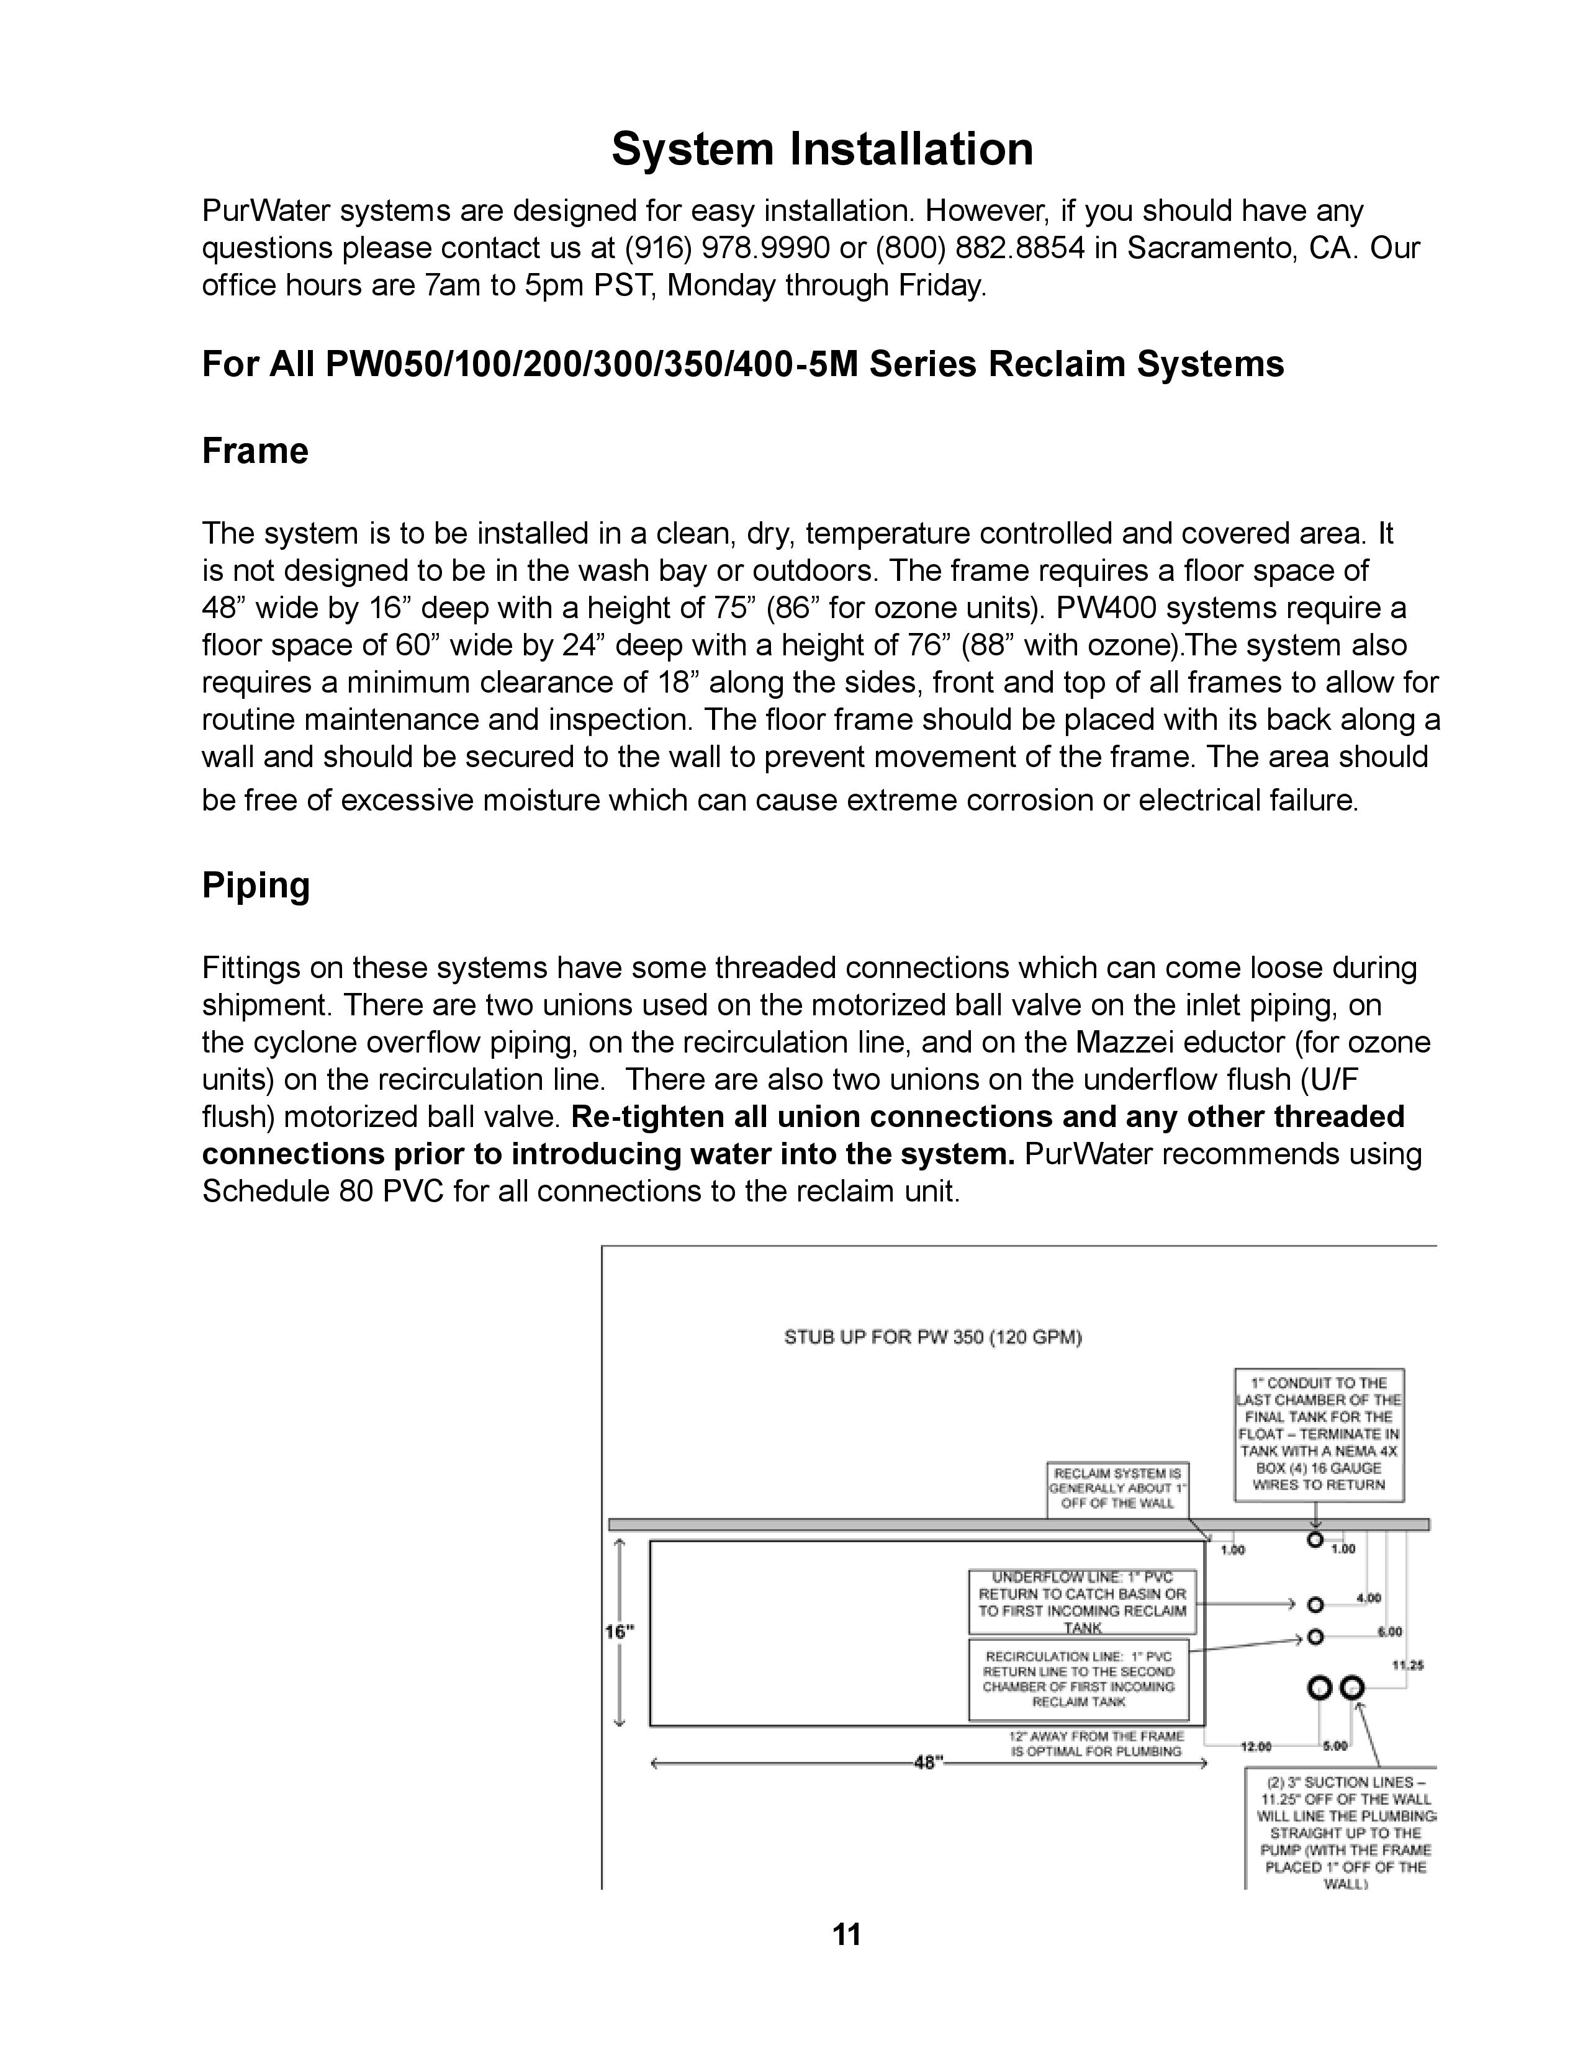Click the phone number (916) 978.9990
[727, 248]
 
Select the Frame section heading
[255, 451]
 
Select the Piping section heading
[256, 885]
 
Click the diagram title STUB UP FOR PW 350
[932, 1338]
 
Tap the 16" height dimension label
[619, 1632]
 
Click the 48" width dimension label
[927, 1763]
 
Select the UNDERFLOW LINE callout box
[1082, 1602]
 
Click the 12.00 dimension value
[1256, 1746]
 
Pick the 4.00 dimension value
[1368, 1597]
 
